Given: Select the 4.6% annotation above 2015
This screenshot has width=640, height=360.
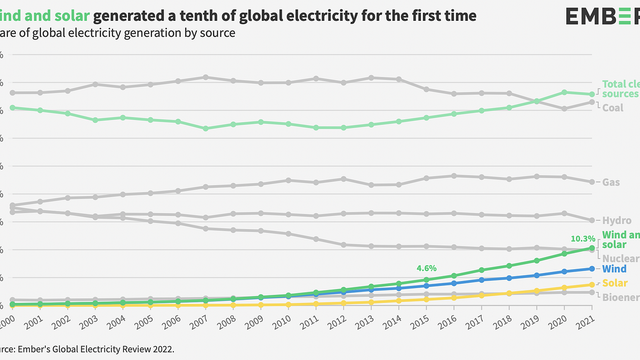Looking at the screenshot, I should pyautogui.click(x=426, y=268).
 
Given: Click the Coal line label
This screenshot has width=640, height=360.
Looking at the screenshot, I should pyautogui.click(x=613, y=108).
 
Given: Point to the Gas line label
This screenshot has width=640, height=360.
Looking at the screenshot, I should pyautogui.click(x=611, y=182).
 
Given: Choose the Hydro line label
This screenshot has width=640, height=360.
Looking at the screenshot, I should pyautogui.click(x=617, y=220).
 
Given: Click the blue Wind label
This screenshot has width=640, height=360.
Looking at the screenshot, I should pyautogui.click(x=614, y=269).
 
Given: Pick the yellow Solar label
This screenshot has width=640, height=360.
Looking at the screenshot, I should pyautogui.click(x=615, y=283).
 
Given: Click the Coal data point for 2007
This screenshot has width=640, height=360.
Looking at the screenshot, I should pyautogui.click(x=205, y=77).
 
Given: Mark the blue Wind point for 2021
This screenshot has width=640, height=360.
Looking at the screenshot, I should pyautogui.click(x=592, y=269).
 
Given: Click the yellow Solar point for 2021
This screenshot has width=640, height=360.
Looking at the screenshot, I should pyautogui.click(x=592, y=284).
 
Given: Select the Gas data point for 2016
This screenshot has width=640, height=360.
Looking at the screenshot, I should pyautogui.click(x=454, y=175).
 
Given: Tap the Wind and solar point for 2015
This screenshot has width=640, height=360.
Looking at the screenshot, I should pyautogui.click(x=426, y=279).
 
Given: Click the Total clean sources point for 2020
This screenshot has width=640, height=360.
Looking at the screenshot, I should pyautogui.click(x=564, y=92).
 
